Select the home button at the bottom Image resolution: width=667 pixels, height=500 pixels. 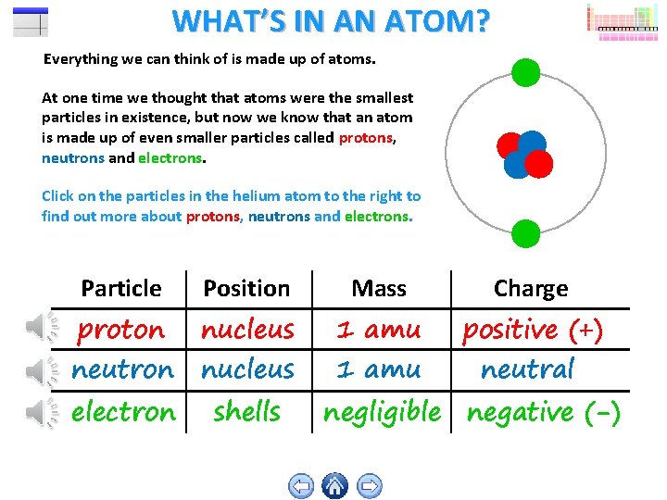tap(334, 485)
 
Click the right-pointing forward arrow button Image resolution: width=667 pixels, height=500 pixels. tap(369, 485)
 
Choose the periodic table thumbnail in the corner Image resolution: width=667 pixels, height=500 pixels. tap(621, 20)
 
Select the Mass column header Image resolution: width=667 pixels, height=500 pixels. tap(379, 288)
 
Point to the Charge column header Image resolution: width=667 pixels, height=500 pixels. tap(530, 288)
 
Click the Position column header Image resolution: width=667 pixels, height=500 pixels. tap(246, 288)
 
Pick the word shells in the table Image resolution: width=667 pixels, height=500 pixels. tap(246, 411)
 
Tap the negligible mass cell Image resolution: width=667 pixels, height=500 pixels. tap(382, 411)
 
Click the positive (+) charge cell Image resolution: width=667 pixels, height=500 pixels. tap(532, 329)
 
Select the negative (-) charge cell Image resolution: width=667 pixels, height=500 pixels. tap(543, 411)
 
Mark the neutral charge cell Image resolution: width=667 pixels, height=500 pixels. tap(527, 369)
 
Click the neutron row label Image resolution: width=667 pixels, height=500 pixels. tap(122, 369)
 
